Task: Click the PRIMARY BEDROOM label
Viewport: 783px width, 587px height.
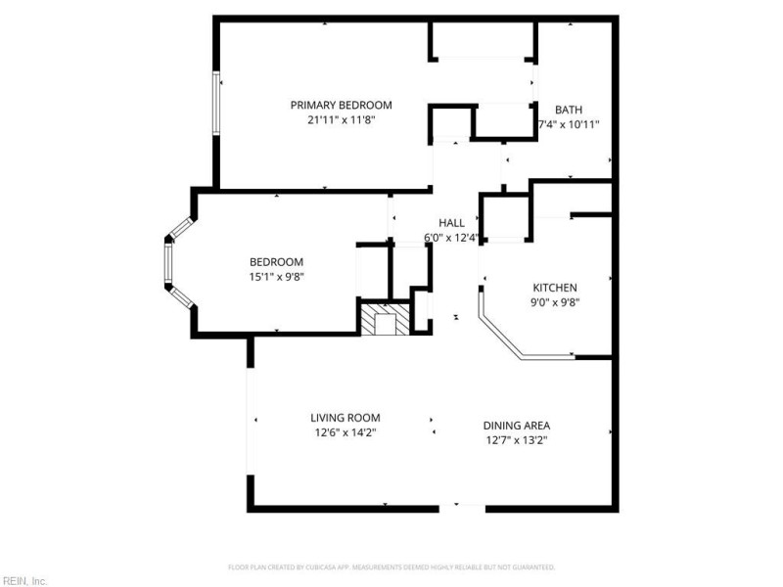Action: [x=341, y=105]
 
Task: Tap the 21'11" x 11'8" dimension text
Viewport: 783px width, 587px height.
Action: [x=341, y=119]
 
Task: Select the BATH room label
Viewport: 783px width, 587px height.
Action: [x=569, y=110]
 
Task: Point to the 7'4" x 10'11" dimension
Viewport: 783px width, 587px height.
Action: [x=569, y=124]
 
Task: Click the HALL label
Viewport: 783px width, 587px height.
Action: [x=451, y=222]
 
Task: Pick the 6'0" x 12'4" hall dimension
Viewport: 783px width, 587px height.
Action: [x=451, y=237]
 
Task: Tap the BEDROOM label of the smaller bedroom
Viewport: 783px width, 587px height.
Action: [x=276, y=261]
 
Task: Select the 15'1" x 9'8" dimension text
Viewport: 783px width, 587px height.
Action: [x=276, y=276]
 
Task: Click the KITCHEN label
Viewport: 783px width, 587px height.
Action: [x=554, y=288]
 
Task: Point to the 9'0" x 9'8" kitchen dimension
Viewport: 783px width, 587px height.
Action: [x=554, y=302]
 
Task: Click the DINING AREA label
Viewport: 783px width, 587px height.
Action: [x=516, y=426]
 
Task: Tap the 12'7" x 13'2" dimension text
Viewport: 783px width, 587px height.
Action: [x=516, y=440]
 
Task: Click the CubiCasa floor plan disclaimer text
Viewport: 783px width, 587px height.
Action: [x=391, y=567]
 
